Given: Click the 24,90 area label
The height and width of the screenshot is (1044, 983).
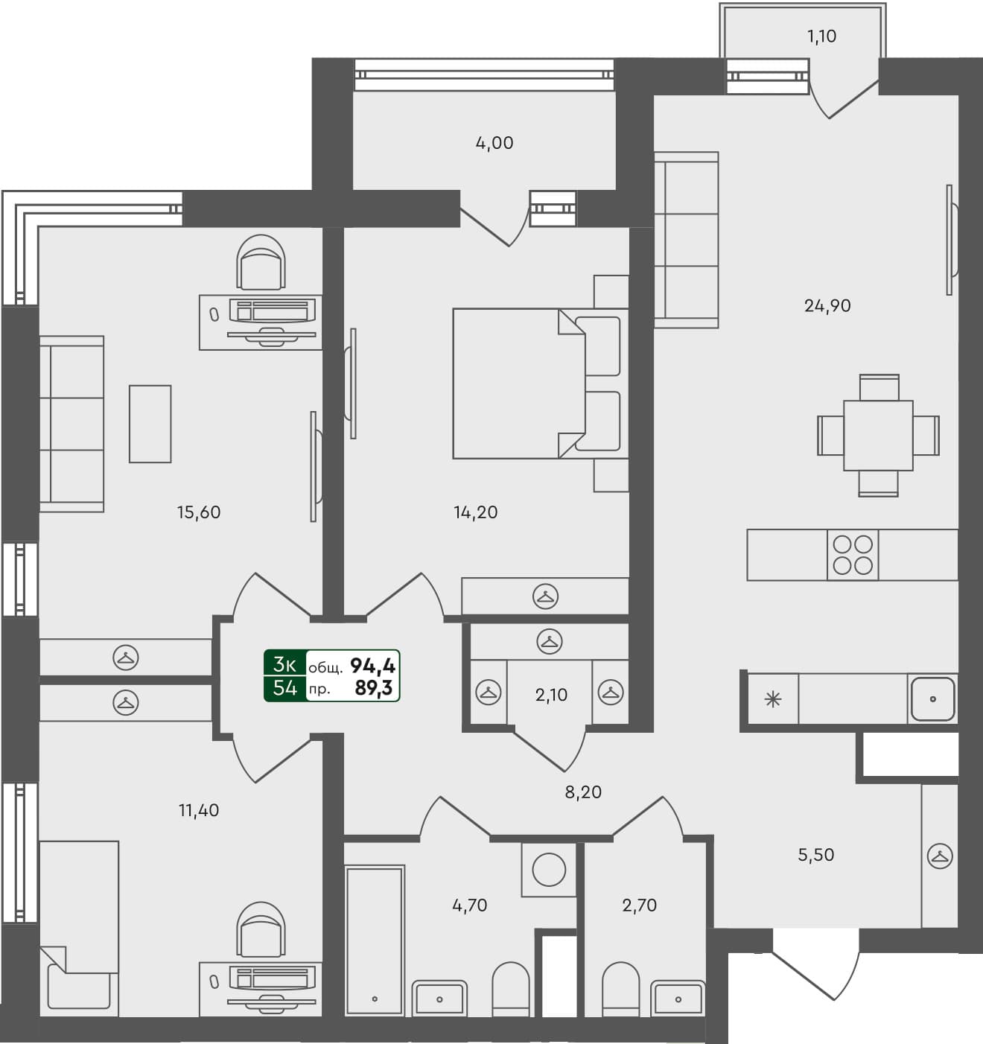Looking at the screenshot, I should click(827, 305).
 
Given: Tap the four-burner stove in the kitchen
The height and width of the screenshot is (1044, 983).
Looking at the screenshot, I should click(853, 555).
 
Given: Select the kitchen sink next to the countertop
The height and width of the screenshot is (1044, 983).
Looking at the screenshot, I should click(932, 699).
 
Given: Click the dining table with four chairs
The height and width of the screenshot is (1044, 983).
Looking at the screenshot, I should click(878, 435).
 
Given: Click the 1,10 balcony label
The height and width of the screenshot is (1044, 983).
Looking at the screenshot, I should click(822, 36).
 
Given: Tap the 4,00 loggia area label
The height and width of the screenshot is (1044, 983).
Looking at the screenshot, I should click(494, 143).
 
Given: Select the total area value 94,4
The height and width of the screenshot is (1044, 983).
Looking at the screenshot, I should click(372, 665).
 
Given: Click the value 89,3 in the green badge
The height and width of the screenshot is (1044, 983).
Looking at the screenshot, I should click(374, 688).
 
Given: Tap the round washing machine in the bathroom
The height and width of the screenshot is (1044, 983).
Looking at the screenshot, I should click(549, 869).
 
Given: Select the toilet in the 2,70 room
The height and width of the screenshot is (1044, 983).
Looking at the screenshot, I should click(620, 989).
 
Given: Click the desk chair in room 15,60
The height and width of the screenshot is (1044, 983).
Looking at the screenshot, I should click(261, 262).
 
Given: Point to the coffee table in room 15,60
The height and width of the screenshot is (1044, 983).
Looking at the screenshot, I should click(150, 424).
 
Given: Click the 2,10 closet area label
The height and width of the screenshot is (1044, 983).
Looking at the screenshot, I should click(551, 695).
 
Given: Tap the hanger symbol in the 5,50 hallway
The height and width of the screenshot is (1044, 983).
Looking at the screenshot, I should click(940, 856).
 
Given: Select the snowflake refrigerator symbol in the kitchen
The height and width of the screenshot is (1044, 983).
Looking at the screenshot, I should click(773, 699).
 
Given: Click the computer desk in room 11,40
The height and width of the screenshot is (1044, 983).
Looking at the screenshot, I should click(260, 989).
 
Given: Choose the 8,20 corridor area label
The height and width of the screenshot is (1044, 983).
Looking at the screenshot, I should click(583, 792).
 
